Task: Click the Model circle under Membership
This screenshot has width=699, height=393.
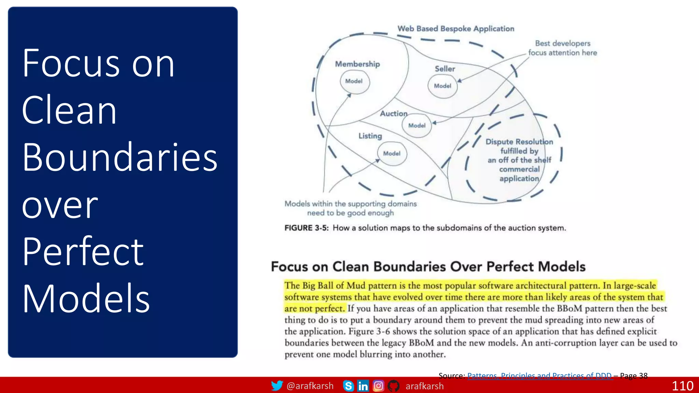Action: (x=354, y=82)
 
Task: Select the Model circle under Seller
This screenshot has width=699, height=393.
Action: (x=443, y=86)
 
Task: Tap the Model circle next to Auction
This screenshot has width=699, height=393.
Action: (x=417, y=126)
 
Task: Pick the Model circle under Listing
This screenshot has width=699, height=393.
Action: (x=392, y=154)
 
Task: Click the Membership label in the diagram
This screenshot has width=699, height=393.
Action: (x=357, y=64)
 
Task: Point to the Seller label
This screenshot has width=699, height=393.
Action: (x=445, y=69)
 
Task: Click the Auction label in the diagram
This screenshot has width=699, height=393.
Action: (x=394, y=114)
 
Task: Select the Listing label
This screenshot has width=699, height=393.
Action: (x=370, y=136)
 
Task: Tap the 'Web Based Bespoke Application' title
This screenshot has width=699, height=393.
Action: (x=456, y=29)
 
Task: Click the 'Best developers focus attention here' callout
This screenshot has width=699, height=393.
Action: (x=562, y=48)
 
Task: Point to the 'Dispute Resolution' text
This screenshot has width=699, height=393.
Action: (x=519, y=142)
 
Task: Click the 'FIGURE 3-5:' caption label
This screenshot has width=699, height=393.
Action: (x=306, y=228)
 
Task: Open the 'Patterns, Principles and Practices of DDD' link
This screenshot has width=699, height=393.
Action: (x=539, y=376)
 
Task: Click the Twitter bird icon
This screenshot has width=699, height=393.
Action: (x=277, y=386)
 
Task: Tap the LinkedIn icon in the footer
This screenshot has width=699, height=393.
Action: (x=363, y=386)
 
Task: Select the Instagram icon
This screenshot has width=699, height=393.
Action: (x=379, y=386)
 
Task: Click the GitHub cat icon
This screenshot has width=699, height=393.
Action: (x=394, y=386)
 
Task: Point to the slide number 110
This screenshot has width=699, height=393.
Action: (x=682, y=386)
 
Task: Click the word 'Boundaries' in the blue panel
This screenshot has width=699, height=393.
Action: (x=120, y=157)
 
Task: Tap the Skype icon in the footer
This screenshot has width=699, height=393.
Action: (x=348, y=386)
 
